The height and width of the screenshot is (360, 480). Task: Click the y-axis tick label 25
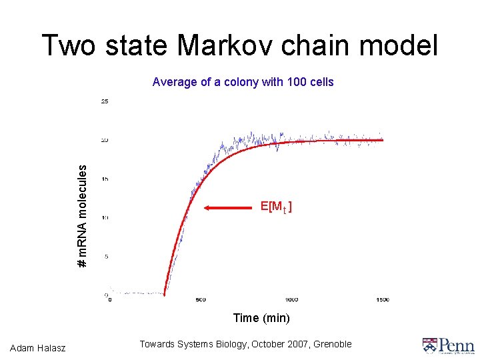pos(105,101)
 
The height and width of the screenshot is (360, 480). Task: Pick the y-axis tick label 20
pos(105,140)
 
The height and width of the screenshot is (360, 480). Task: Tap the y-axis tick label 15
pos(105,179)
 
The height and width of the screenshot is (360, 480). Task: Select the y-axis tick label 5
pos(106,257)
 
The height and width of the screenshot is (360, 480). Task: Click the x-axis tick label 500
pos(201,299)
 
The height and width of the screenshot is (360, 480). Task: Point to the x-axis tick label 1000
pos(291,299)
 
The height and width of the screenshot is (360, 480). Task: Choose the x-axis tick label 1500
pos(382,299)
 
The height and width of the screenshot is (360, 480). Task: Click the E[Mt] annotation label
pos(276,207)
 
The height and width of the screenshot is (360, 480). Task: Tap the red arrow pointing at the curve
pos(230,209)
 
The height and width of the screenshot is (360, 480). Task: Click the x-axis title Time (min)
pos(261,318)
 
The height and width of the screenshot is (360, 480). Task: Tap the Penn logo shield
pos(429,345)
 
